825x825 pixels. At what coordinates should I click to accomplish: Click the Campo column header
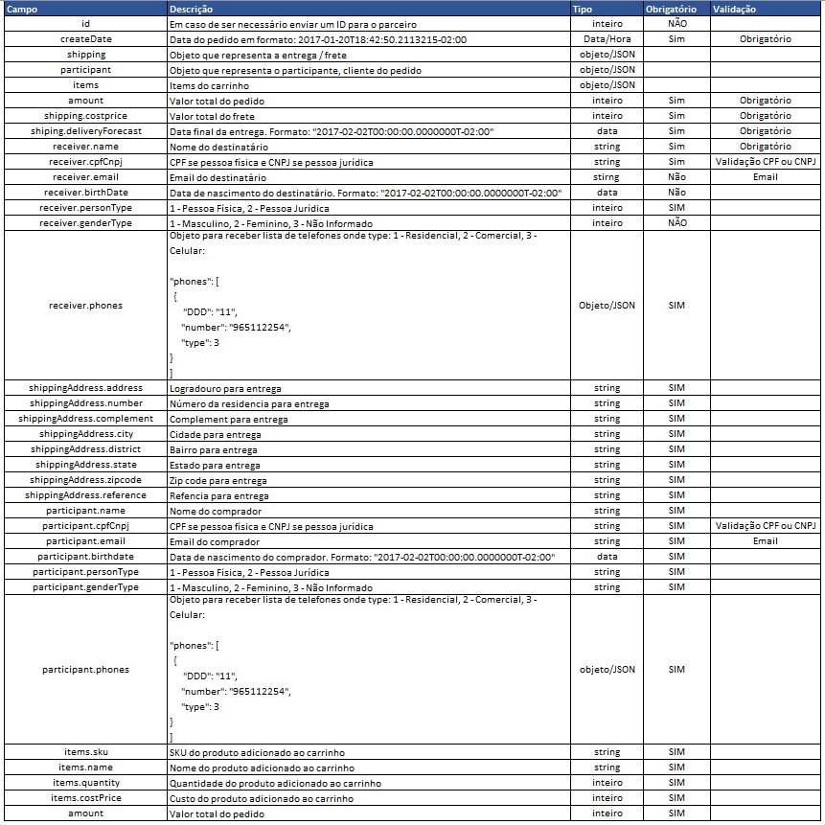22,8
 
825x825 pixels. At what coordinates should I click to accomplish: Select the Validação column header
734,8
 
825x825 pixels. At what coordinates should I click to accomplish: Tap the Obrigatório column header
677,8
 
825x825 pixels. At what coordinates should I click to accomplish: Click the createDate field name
86,39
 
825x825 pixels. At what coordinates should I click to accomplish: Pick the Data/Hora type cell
607,39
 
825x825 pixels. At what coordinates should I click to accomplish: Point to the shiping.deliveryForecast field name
86,131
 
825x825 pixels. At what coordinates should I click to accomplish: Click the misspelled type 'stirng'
607,177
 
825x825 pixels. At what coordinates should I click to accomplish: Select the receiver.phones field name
86,306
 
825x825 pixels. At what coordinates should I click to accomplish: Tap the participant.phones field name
86,670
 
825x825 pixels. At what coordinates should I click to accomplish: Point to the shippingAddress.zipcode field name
86,480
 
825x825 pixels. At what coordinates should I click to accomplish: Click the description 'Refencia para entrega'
218,495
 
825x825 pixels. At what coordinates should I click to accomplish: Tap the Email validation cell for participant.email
765,541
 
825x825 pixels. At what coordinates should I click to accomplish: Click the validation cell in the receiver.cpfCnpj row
765,162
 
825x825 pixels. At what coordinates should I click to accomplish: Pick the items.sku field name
86,752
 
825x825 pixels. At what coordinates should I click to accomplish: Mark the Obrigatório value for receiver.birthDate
677,193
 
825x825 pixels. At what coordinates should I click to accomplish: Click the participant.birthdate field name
86,557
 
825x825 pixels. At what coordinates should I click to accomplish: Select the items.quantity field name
86,783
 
